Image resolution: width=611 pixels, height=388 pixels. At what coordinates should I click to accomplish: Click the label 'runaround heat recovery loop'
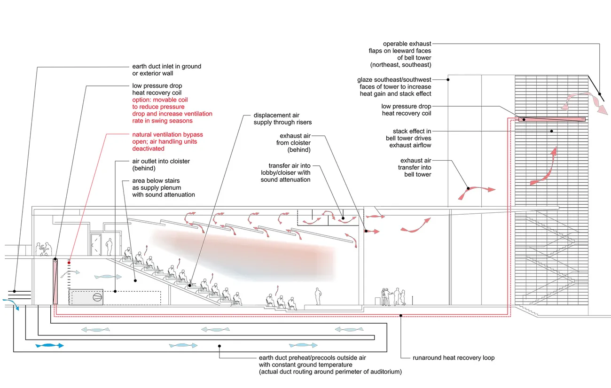454,358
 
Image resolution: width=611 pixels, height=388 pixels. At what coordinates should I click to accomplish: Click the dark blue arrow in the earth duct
49,345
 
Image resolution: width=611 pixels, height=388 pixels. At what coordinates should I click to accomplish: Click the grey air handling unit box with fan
86,297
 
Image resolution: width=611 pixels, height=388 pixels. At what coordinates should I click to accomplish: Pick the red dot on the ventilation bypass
69,263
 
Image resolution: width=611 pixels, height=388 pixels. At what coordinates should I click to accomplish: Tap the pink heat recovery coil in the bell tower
552,119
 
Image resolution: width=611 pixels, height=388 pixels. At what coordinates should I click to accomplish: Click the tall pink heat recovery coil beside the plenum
55,281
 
